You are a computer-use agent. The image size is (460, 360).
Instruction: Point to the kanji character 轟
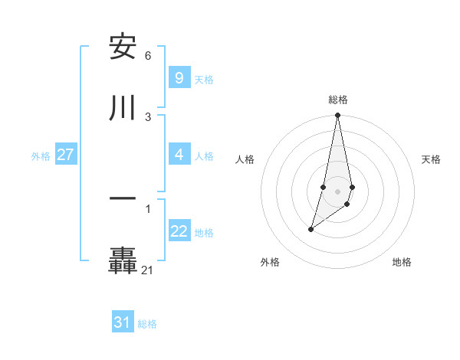123,260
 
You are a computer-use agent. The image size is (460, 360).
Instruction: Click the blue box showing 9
179,78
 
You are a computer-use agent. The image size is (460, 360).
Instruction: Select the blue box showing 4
179,155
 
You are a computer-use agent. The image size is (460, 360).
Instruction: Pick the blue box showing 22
179,231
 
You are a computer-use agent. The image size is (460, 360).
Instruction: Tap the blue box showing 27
65,155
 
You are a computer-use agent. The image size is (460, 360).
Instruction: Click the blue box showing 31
122,322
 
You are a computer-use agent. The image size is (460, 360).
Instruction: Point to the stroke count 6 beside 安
148,56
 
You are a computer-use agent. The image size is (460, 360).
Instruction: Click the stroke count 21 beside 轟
147,270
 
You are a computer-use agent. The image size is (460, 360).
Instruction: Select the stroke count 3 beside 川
148,116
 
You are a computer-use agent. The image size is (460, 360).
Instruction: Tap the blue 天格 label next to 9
204,79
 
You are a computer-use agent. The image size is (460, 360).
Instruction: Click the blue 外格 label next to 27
41,155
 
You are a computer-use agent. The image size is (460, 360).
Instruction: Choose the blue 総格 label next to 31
147,324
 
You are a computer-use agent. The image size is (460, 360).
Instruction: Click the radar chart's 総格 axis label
338,100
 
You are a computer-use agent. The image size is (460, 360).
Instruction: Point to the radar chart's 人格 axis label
245,159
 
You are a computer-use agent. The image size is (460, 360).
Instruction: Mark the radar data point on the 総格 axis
337,116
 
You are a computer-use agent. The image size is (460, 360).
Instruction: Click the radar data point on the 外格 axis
310,229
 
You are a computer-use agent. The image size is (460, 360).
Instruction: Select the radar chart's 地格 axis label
402,262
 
